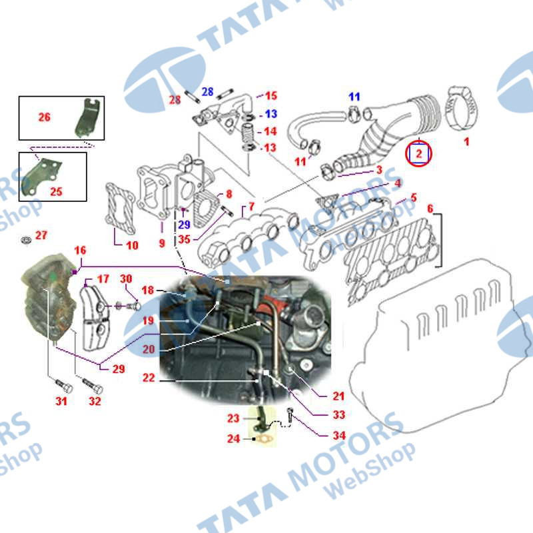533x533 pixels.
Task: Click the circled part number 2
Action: click(418, 154)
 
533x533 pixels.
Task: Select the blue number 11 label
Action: click(354, 97)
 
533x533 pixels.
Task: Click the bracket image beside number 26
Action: click(87, 118)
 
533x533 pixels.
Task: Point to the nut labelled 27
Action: click(26, 240)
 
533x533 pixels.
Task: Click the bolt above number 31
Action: click(63, 386)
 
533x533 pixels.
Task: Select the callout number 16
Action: click(80, 251)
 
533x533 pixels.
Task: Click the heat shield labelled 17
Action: click(96, 318)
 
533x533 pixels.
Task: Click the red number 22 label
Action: click(149, 378)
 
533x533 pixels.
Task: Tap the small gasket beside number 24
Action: click(263, 439)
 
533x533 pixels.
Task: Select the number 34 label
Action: click(339, 436)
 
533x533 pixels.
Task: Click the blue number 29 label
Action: click(184, 225)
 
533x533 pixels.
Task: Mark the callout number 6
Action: click(430, 209)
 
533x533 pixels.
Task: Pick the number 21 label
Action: click(338, 396)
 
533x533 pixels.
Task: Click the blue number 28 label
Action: click(207, 92)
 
